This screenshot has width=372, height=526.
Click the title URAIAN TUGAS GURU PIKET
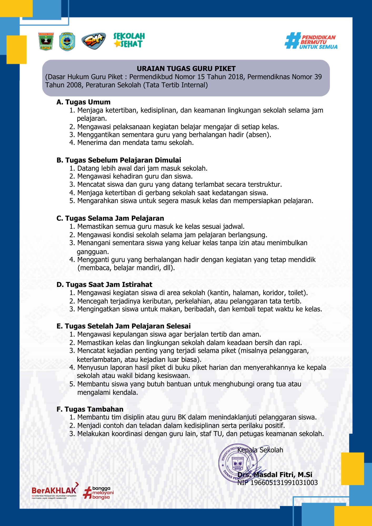(186, 69)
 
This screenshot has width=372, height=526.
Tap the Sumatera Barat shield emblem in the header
(46, 42)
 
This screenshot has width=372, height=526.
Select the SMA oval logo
(93, 41)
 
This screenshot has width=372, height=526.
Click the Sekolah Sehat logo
(129, 40)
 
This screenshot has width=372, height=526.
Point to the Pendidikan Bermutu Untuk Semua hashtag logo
(311, 41)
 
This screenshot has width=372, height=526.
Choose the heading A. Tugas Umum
(83, 102)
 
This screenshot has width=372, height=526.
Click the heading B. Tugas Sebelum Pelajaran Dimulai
(119, 160)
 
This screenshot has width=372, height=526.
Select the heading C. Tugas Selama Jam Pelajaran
(110, 218)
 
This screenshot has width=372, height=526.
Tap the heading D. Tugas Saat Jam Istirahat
(104, 285)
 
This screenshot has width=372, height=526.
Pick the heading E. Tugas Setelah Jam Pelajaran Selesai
(123, 326)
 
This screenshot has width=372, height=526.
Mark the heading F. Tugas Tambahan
(90, 409)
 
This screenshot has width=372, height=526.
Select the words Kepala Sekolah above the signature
(260, 450)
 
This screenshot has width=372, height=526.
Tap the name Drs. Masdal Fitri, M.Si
(275, 475)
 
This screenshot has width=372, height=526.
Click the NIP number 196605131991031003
(284, 483)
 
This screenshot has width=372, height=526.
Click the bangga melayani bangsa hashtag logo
(98, 493)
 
